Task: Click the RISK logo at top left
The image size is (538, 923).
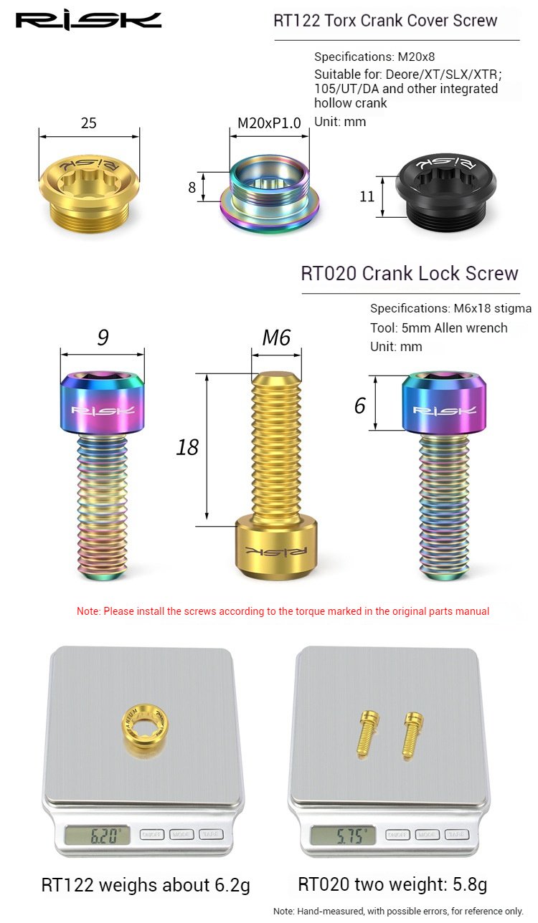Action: point(88,21)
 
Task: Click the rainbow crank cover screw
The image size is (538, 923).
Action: point(270,193)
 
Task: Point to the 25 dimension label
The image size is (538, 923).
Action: point(89,123)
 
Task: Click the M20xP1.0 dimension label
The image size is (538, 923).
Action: point(269,123)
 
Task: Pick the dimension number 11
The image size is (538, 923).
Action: point(367,196)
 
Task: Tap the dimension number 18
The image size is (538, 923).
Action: point(187,447)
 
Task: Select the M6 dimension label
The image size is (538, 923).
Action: point(276,338)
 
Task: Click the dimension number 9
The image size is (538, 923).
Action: point(103,337)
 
